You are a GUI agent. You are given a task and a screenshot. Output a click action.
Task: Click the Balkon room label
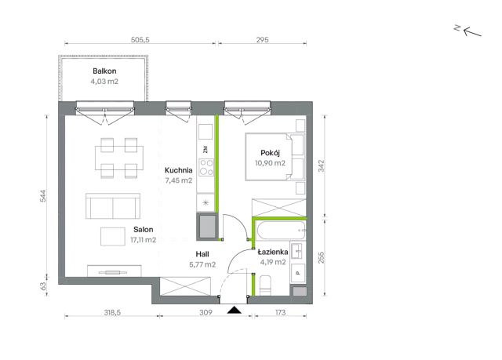tap(104, 71)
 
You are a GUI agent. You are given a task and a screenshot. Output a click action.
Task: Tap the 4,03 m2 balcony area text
tap(104, 82)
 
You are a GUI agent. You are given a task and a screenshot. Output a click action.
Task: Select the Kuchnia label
tap(179, 170)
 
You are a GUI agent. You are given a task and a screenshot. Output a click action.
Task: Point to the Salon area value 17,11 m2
tap(143, 240)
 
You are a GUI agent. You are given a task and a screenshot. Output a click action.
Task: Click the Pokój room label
tap(270, 153)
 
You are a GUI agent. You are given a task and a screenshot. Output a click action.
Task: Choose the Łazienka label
tap(273, 252)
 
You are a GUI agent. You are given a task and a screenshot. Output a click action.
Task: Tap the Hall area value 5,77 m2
tap(202, 264)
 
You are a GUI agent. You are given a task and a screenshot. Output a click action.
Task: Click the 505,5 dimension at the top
tap(140, 40)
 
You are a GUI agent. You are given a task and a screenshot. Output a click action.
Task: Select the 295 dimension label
tap(263, 40)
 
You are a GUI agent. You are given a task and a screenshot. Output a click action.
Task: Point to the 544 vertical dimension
tap(43, 196)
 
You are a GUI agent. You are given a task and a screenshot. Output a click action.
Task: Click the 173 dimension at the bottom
tap(280, 312)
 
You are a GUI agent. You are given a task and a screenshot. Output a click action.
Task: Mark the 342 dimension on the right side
tap(321, 165)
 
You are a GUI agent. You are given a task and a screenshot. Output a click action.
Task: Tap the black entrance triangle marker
tap(235, 310)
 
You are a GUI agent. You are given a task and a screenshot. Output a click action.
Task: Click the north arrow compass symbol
tap(468, 31)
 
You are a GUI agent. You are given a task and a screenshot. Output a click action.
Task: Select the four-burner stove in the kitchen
tap(206, 167)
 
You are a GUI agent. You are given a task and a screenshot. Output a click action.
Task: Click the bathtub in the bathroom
tap(281, 230)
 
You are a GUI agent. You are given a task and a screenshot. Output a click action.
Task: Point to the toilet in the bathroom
tap(265, 285)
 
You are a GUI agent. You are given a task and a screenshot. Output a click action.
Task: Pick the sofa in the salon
tap(113, 206)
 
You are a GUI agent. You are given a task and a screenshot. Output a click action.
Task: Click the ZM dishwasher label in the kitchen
tap(206, 149)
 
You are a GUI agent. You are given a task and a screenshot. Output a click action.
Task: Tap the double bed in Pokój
tap(275, 157)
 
